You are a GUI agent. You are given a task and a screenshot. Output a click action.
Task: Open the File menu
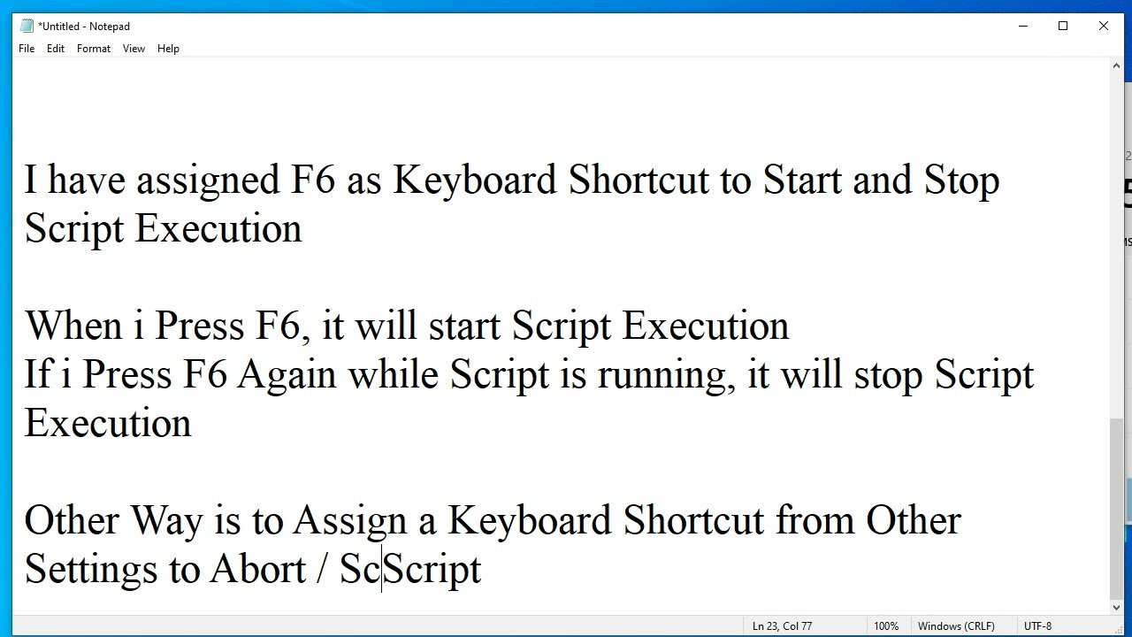pyautogui.click(x=27, y=49)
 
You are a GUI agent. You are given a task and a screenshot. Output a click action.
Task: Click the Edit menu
pyautogui.click(x=56, y=49)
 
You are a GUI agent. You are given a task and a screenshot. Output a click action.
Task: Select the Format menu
pyautogui.click(x=94, y=49)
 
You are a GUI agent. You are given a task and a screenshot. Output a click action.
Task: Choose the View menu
pyautogui.click(x=134, y=49)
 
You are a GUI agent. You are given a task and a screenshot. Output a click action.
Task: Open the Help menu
pyautogui.click(x=168, y=49)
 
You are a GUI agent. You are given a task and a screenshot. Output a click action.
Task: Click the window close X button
pyautogui.click(x=1104, y=27)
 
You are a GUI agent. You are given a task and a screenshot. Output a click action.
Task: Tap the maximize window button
pyautogui.click(x=1063, y=27)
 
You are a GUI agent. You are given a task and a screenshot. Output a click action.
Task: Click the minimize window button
pyautogui.click(x=1023, y=27)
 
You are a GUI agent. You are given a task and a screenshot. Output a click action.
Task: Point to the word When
pyautogui.click(x=73, y=326)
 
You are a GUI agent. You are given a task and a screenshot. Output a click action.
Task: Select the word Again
pyautogui.click(x=287, y=374)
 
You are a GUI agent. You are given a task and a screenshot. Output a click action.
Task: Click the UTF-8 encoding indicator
pyautogui.click(x=1037, y=626)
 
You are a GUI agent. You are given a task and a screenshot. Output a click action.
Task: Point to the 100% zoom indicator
pyautogui.click(x=886, y=626)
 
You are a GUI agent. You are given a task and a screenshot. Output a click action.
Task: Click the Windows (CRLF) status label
pyautogui.click(x=956, y=626)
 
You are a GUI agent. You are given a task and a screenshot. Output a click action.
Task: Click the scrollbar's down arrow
pyautogui.click(x=1116, y=609)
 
